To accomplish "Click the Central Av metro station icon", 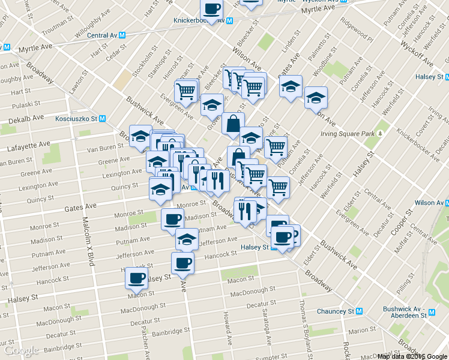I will click(122, 35).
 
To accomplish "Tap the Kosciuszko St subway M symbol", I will click(102, 119).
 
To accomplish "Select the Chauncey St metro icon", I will click(360, 311).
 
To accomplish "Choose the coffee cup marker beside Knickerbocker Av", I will click(211, 10).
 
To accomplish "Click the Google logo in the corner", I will click(21, 350).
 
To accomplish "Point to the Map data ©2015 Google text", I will click(412, 356).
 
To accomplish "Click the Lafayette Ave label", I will click(28, 145).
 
